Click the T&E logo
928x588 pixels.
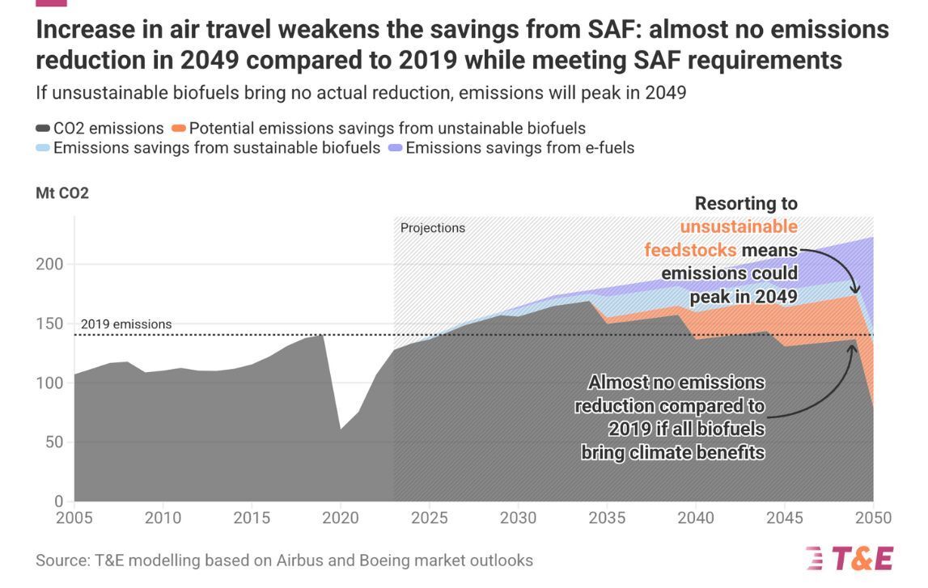(849, 558)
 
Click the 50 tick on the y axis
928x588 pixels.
(52, 442)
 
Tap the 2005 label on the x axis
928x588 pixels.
(74, 518)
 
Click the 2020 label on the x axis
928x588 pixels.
(340, 518)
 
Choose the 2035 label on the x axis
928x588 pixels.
(607, 518)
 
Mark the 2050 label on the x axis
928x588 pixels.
(873, 518)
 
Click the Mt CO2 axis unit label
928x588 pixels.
(62, 193)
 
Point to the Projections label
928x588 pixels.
(433, 228)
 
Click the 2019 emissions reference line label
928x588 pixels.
(126, 324)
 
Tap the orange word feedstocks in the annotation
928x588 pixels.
(690, 250)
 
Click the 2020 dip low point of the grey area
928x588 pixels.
(340, 429)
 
